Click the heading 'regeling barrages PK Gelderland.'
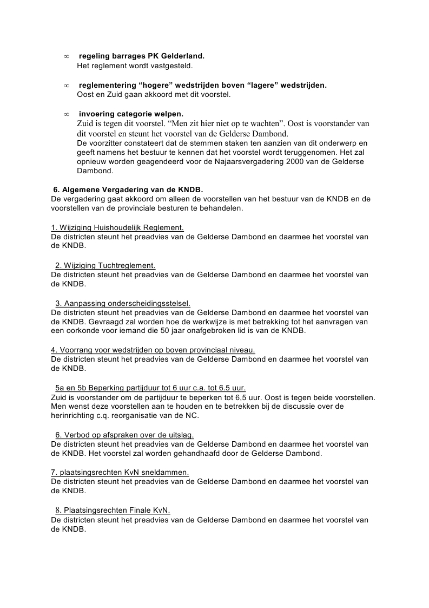[142, 56]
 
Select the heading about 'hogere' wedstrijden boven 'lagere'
[203, 85]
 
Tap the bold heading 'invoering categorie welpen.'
[131, 114]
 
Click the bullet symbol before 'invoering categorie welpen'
[66, 114]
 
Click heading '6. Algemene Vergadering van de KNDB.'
[128, 189]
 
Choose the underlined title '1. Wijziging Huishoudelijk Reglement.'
[117, 227]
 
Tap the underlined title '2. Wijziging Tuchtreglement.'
[105, 265]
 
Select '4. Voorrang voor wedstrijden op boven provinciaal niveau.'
[153, 350]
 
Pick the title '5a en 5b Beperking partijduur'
[150, 388]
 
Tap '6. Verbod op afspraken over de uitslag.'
[124, 435]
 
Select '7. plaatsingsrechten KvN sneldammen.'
[120, 472]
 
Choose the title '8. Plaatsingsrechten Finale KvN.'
[113, 510]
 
